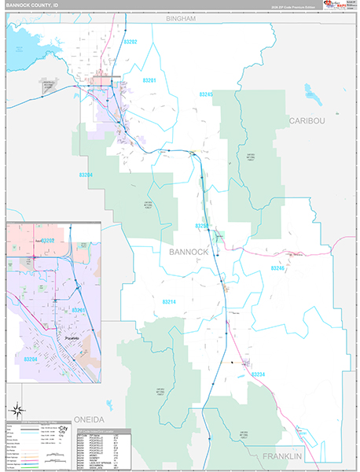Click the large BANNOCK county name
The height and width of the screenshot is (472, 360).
(x=189, y=252)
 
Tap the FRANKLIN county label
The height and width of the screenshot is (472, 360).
(x=282, y=456)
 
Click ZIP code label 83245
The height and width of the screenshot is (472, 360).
(x=206, y=94)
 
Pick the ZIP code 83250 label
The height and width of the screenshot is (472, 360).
(x=202, y=226)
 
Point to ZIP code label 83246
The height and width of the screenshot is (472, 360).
(x=277, y=268)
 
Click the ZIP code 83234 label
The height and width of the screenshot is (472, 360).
(x=258, y=374)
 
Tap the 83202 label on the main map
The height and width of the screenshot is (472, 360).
(x=130, y=41)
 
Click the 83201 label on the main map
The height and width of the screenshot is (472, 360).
(x=149, y=80)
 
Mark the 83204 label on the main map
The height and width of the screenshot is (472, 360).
(x=86, y=175)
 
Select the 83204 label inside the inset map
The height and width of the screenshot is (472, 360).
(x=31, y=360)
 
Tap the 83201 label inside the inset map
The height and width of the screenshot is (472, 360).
(x=78, y=311)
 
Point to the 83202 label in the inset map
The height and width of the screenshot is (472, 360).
(x=48, y=240)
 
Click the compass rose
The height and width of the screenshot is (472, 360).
(x=17, y=409)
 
